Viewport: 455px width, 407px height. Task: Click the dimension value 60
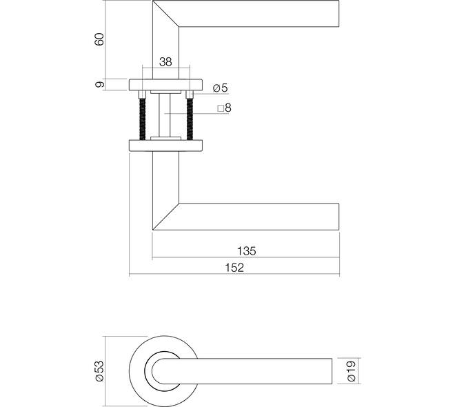pyautogui.click(x=99, y=39)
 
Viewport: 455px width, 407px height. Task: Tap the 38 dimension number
pyautogui.click(x=165, y=62)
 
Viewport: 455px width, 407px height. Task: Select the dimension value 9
pyautogui.click(x=99, y=84)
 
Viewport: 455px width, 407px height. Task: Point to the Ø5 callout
pyautogui.click(x=221, y=88)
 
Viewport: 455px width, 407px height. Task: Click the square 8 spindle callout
pyautogui.click(x=224, y=108)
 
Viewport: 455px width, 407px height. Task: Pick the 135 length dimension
pyautogui.click(x=247, y=251)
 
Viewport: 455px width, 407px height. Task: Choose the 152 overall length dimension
pyautogui.click(x=234, y=268)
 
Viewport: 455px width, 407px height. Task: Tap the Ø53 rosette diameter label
pyautogui.click(x=99, y=370)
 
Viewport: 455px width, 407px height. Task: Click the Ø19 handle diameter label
pyautogui.click(x=351, y=371)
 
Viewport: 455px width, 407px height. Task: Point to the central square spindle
pyautogui.click(x=165, y=115)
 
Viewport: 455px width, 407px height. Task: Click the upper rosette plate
pyautogui.click(x=165, y=84)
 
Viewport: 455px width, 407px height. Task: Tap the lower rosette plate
pyautogui.click(x=165, y=146)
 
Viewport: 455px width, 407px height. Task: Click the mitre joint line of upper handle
pyautogui.click(x=165, y=14)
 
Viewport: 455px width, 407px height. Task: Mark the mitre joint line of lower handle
pyautogui.click(x=165, y=217)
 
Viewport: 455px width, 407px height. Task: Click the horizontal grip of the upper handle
pyautogui.click(x=259, y=14)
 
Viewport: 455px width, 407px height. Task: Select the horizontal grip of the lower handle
pyautogui.click(x=259, y=217)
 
